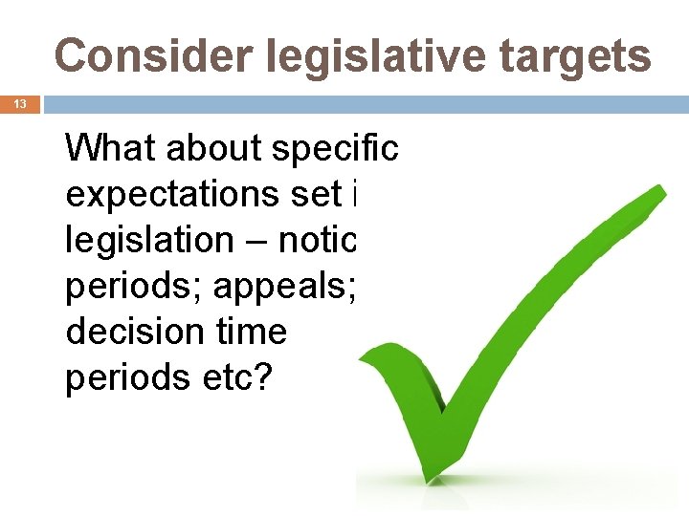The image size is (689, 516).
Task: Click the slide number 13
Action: [20, 104]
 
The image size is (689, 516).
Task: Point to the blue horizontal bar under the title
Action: [364, 104]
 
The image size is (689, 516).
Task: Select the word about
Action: [215, 149]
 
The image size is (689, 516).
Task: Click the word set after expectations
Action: [319, 195]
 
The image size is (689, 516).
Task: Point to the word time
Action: [252, 333]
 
